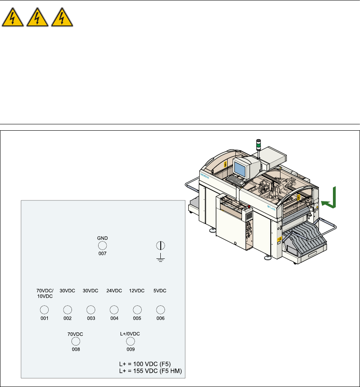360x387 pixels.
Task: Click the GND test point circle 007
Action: (102, 246)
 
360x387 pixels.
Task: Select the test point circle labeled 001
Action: (44, 310)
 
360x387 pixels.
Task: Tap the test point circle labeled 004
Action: (114, 310)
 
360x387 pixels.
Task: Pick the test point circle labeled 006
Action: (160, 310)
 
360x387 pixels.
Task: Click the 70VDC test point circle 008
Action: (76, 341)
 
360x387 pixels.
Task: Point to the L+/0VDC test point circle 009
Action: (131, 341)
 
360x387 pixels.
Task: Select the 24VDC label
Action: (114, 291)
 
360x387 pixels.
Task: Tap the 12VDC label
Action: (137, 291)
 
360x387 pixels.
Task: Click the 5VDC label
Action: (160, 291)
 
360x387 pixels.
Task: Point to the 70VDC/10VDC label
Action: (44, 294)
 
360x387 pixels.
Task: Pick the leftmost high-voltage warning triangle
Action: (12, 19)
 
